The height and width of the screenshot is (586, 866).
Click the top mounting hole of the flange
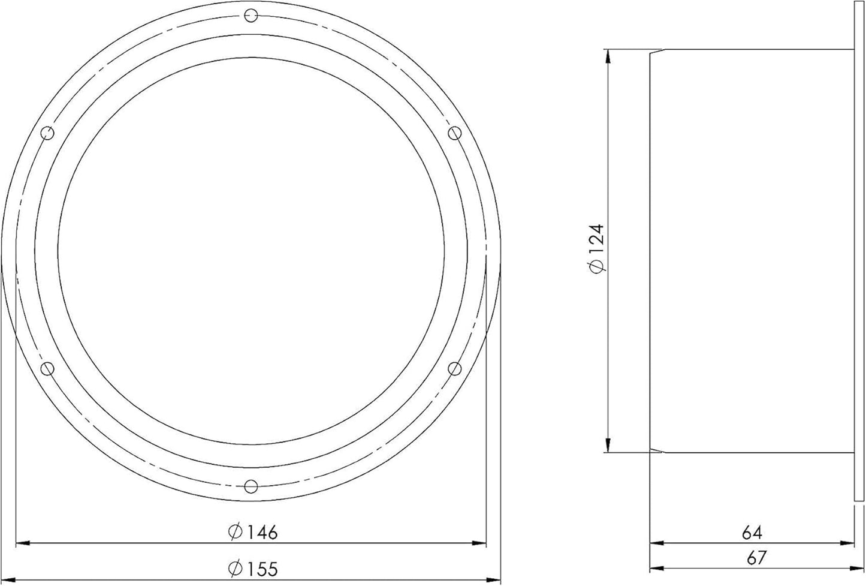point(251,16)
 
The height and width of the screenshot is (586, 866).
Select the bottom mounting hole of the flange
point(251,486)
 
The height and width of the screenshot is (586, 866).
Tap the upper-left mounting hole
point(47,133)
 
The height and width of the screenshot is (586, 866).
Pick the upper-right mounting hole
point(455,133)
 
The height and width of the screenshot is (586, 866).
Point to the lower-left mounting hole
point(47,369)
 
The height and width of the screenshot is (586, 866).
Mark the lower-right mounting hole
point(455,369)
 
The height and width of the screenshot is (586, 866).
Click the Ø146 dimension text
point(253,532)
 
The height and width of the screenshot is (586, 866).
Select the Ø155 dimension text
point(253,569)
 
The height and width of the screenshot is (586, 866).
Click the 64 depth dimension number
point(752,533)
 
